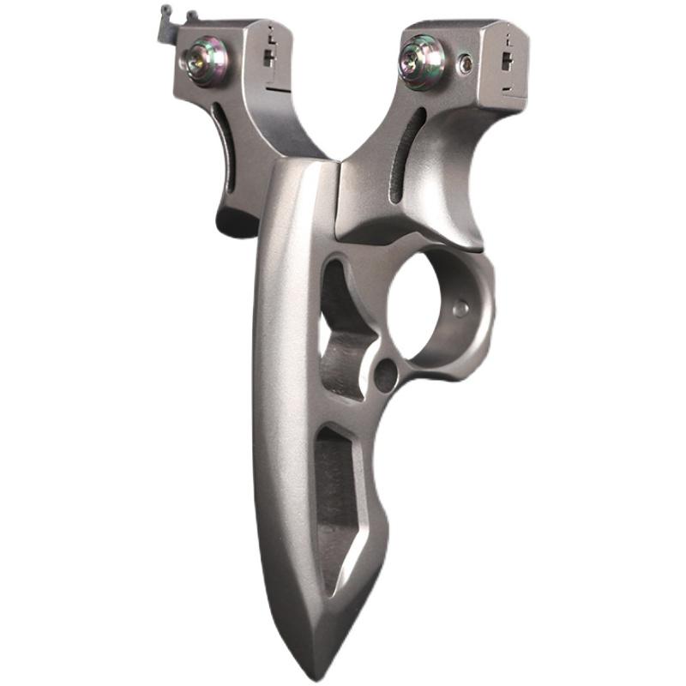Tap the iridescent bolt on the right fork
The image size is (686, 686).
click(x=419, y=62)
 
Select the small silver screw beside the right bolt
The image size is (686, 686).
click(x=466, y=62)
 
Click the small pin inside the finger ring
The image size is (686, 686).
click(x=461, y=309)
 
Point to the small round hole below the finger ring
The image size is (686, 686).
click(x=386, y=374)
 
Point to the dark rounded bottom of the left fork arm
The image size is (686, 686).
click(x=236, y=221)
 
